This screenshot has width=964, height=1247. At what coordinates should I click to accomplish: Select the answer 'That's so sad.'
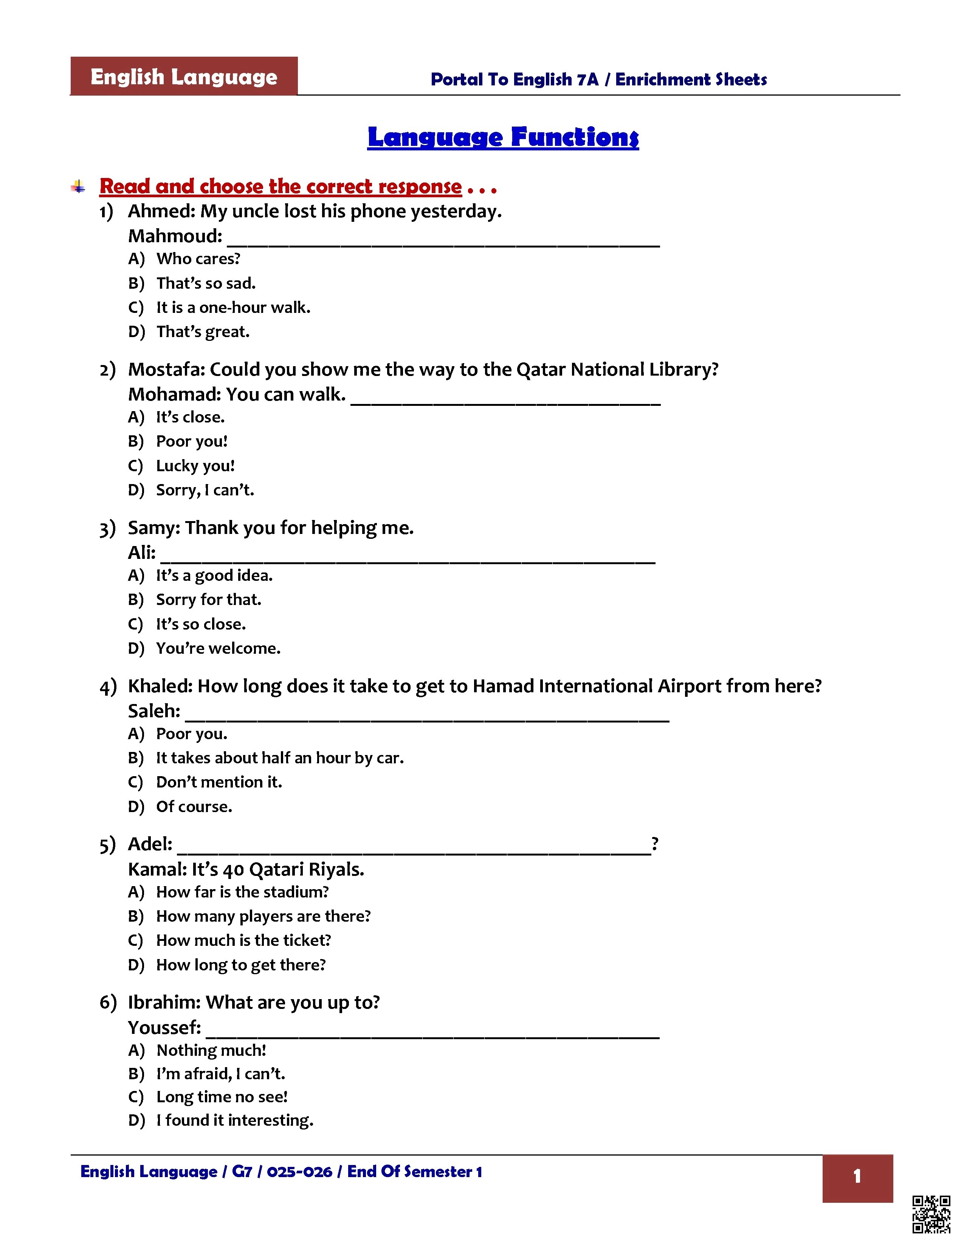tap(206, 283)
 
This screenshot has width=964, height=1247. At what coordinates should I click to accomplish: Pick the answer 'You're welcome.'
tap(218, 648)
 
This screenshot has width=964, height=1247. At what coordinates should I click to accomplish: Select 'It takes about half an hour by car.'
tap(280, 758)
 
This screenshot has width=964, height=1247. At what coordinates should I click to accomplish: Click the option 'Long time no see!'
tap(222, 1097)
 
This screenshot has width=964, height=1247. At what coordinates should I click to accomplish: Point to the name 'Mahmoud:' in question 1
tap(175, 236)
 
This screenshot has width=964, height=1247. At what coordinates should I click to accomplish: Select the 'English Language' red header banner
tap(184, 76)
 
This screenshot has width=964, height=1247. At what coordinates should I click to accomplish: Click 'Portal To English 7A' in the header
tap(514, 79)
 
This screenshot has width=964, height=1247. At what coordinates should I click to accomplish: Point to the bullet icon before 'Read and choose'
tap(78, 187)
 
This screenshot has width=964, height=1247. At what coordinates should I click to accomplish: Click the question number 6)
tap(108, 1003)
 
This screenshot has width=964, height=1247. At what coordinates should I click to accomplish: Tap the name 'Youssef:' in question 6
tap(164, 1028)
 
